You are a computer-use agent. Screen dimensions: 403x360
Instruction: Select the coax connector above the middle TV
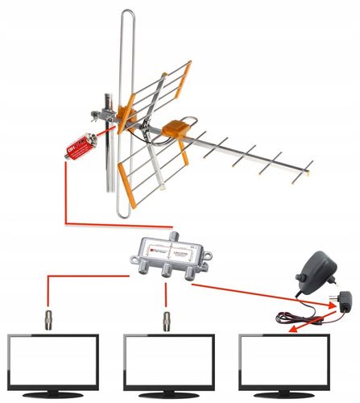pyautogui.click(x=167, y=319)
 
